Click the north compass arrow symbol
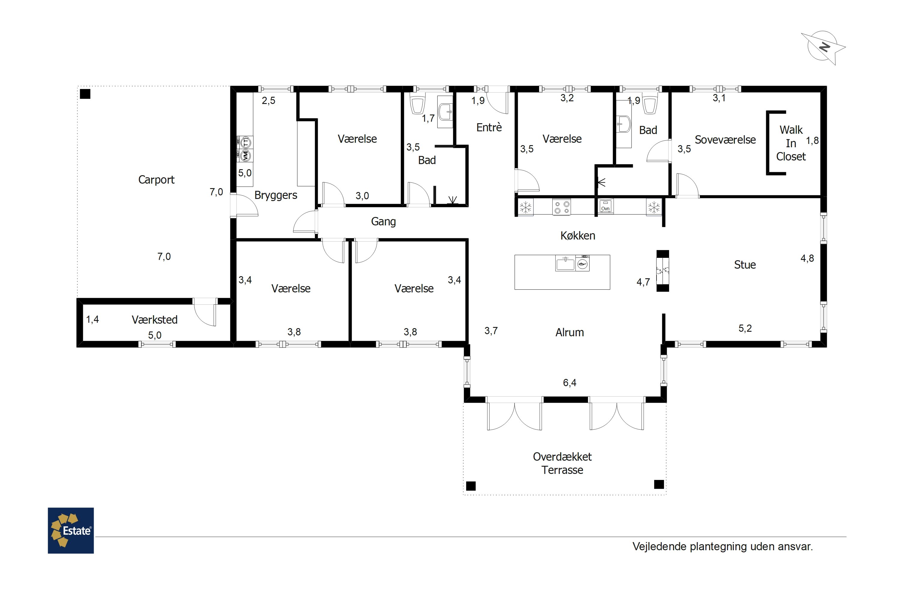pyautogui.click(x=823, y=47)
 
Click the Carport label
pyautogui.click(x=156, y=180)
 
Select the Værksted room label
pyautogui.click(x=154, y=320)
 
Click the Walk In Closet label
pyautogui.click(x=791, y=143)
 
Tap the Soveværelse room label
pyautogui.click(x=725, y=140)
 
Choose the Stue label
pyautogui.click(x=745, y=264)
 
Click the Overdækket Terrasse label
pyautogui.click(x=562, y=463)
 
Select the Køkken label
pyautogui.click(x=578, y=235)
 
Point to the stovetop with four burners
pyautogui.click(x=562, y=207)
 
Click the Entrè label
pyautogui.click(x=489, y=127)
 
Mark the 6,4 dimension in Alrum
pyautogui.click(x=570, y=383)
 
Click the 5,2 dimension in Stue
pyautogui.click(x=745, y=328)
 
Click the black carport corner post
pyautogui.click(x=85, y=94)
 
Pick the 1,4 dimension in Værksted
pyautogui.click(x=92, y=319)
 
